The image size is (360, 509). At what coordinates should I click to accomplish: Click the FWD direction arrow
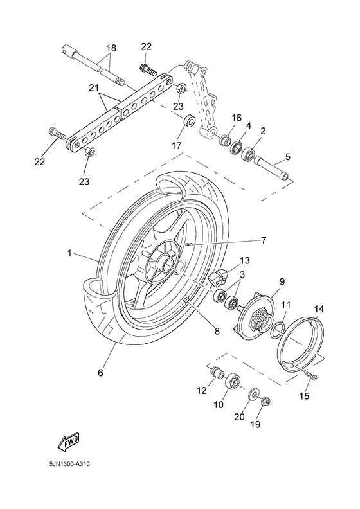[x=67, y=442]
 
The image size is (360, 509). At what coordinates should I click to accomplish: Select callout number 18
[x=111, y=48]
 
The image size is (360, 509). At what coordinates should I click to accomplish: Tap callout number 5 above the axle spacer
[x=287, y=156]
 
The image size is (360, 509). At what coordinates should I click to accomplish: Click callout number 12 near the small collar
[x=201, y=389]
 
